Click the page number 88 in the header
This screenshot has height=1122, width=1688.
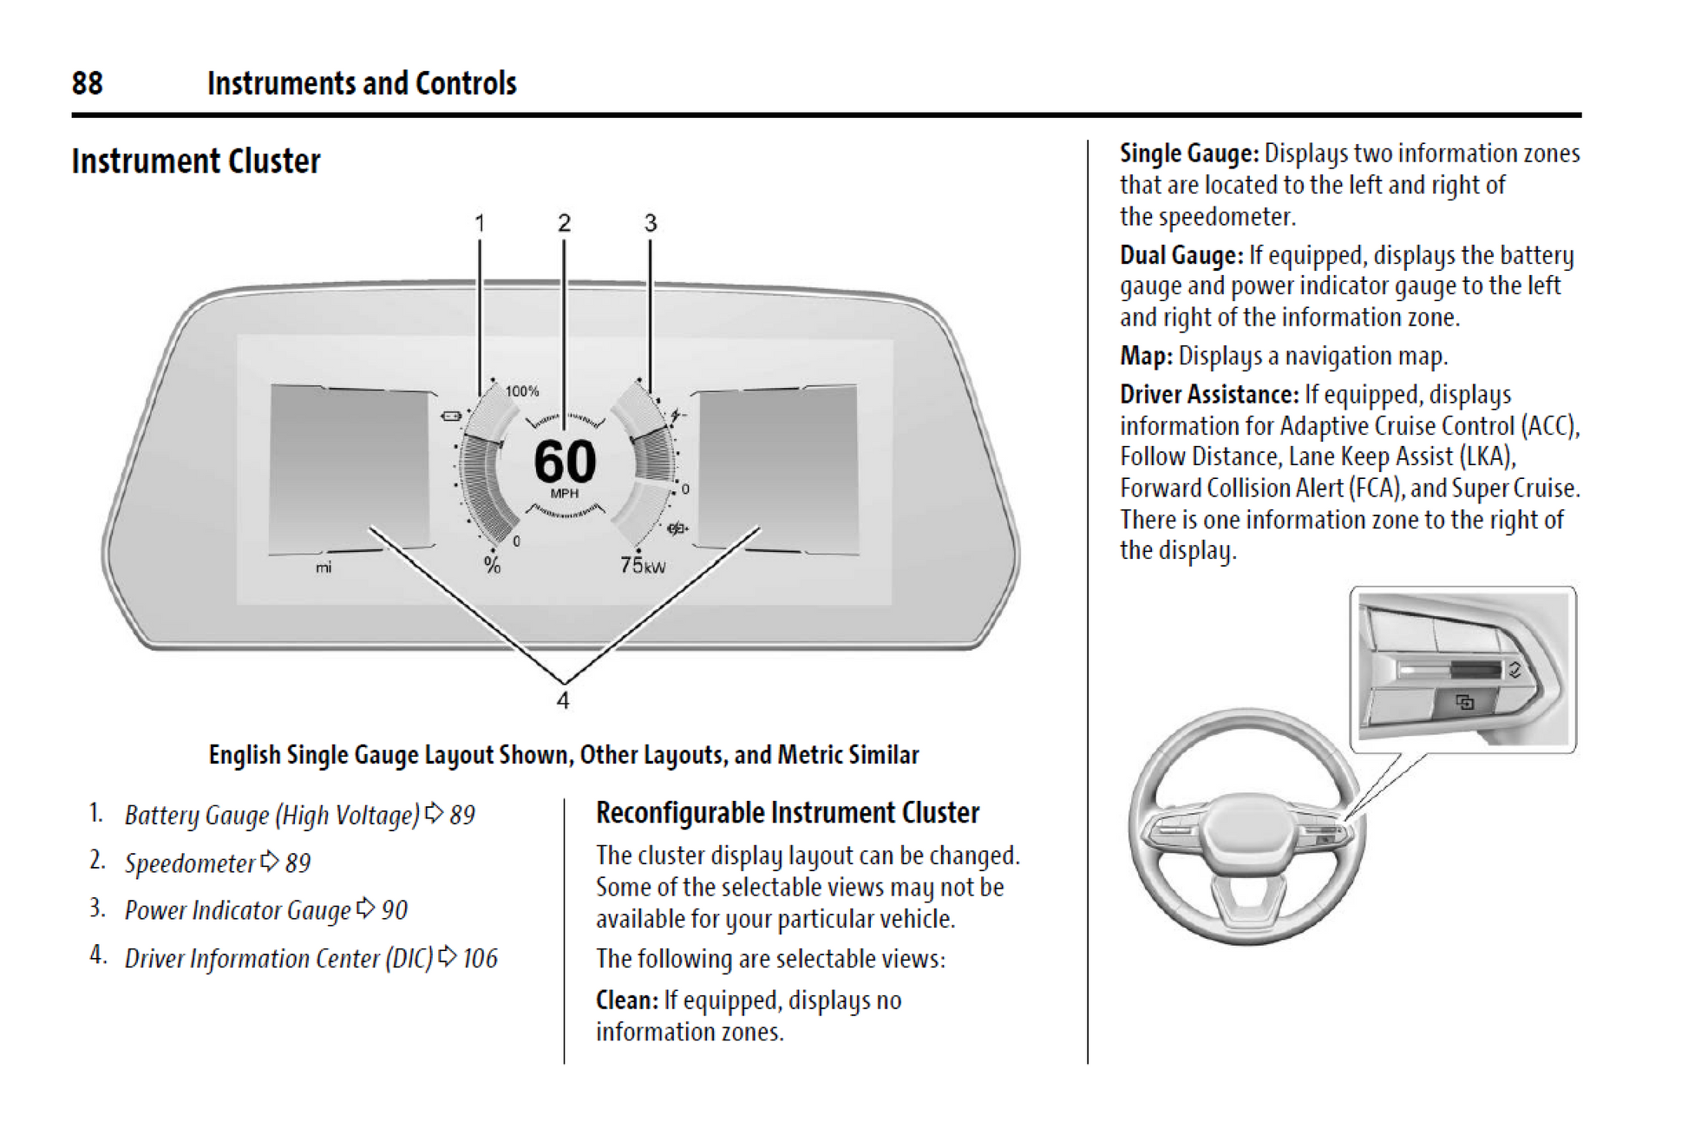87,83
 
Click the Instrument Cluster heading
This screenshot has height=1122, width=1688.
196,161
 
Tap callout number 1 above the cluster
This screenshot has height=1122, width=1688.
480,224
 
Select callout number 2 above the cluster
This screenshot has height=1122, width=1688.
564,224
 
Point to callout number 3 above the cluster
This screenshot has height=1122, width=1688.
651,224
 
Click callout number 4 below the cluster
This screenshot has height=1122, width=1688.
563,700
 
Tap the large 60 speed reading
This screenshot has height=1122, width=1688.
565,461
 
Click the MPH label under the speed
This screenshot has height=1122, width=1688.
565,494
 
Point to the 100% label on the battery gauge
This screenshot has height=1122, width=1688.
522,391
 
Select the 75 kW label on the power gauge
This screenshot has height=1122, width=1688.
643,566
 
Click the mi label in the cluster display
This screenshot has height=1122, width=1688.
324,568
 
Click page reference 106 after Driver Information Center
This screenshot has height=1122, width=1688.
480,958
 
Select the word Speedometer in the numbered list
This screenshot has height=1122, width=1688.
190,863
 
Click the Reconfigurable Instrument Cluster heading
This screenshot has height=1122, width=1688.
788,813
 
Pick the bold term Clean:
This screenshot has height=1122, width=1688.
627,1001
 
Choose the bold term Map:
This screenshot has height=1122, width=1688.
1146,356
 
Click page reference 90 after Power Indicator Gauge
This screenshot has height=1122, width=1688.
395,910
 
